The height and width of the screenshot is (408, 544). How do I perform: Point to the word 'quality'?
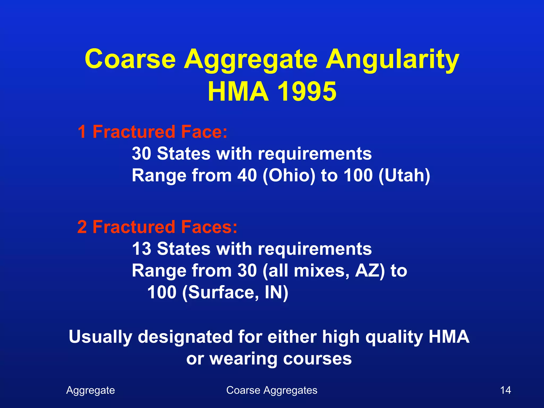pos(394,337)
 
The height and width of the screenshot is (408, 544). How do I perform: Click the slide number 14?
pos(505,390)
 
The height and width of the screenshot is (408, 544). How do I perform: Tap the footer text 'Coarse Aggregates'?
pos(272,390)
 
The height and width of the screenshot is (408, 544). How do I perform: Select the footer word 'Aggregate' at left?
pos(91,390)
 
